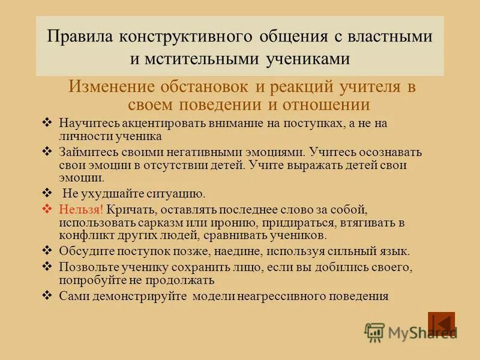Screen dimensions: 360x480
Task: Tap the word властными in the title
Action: click(390, 35)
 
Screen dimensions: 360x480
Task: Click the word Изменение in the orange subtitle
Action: click(109, 86)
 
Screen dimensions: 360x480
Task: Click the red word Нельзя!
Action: click(81, 209)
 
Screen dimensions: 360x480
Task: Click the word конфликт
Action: click(85, 235)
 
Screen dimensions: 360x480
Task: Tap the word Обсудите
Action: click(85, 251)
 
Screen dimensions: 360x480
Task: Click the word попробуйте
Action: click(91, 280)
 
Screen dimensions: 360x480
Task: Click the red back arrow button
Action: click(441, 323)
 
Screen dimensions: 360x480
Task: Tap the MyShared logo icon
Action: click(374, 331)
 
